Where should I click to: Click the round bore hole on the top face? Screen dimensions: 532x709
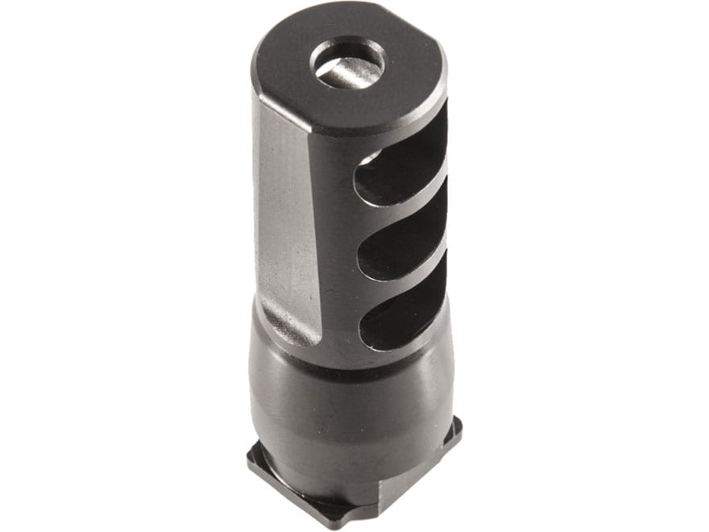tap(348, 64)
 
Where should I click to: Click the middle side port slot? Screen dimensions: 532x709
tap(403, 242)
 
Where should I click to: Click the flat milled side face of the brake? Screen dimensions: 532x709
tap(286, 218)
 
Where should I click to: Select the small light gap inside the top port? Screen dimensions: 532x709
tap(369, 158)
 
